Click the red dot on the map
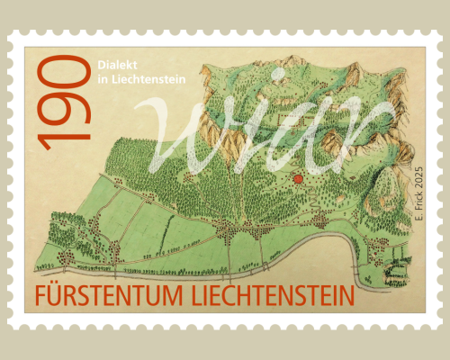pos(298,178)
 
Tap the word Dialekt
pos(112,65)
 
